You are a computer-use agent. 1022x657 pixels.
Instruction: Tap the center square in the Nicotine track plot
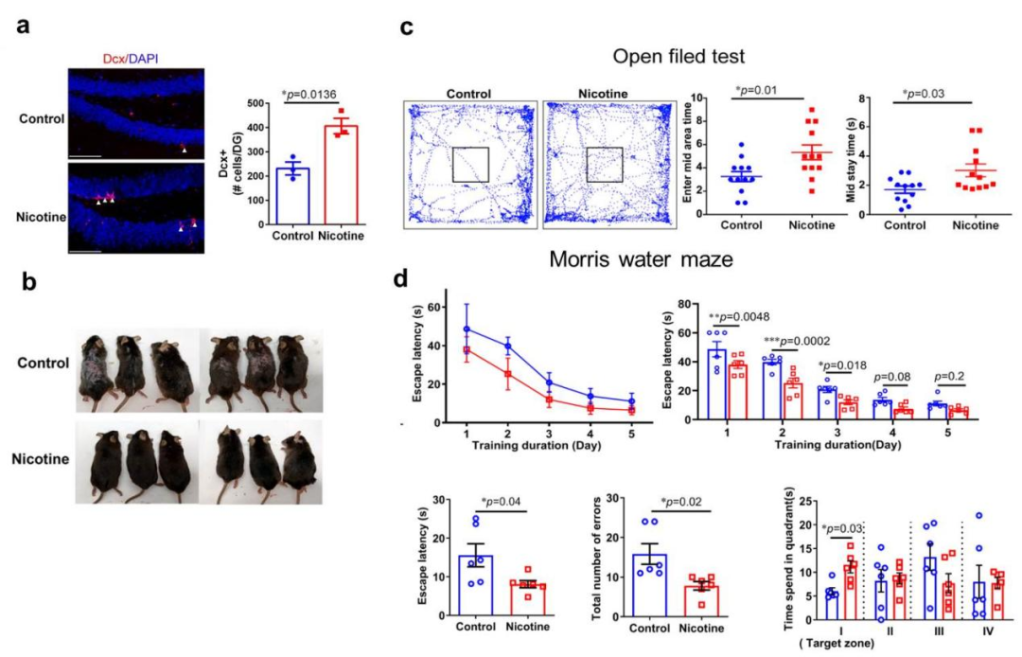point(604,164)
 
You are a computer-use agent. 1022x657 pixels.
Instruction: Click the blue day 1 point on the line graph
point(467,328)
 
